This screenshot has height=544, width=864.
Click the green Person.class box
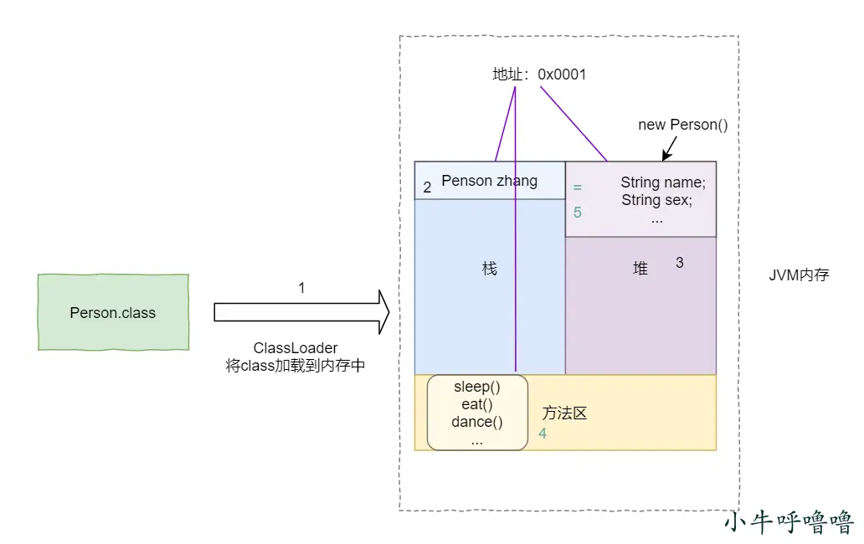[x=113, y=312]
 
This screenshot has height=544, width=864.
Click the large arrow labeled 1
[x=301, y=312]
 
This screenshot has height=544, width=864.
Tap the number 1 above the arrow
[x=301, y=288]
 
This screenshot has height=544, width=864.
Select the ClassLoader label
[x=296, y=348]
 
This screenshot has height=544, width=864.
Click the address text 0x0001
[x=562, y=74]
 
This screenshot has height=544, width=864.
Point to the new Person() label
[x=683, y=125]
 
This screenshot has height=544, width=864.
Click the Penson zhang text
[x=490, y=181]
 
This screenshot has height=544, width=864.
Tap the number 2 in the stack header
[x=427, y=187]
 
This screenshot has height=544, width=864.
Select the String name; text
[x=663, y=182]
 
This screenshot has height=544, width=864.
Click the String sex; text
[x=657, y=200]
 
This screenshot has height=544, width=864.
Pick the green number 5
[x=578, y=213]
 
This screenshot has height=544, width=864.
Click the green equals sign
[x=577, y=187]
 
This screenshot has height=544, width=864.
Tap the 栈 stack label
[x=490, y=269]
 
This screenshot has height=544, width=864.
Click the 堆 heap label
[x=640, y=269]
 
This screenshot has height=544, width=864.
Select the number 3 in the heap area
[x=680, y=263]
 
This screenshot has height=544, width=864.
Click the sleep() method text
[x=477, y=387]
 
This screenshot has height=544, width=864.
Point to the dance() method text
[x=477, y=422]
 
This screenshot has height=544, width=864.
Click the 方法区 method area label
[x=564, y=413]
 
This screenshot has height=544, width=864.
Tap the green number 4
[x=543, y=434]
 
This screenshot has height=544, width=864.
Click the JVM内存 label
[x=799, y=275]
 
